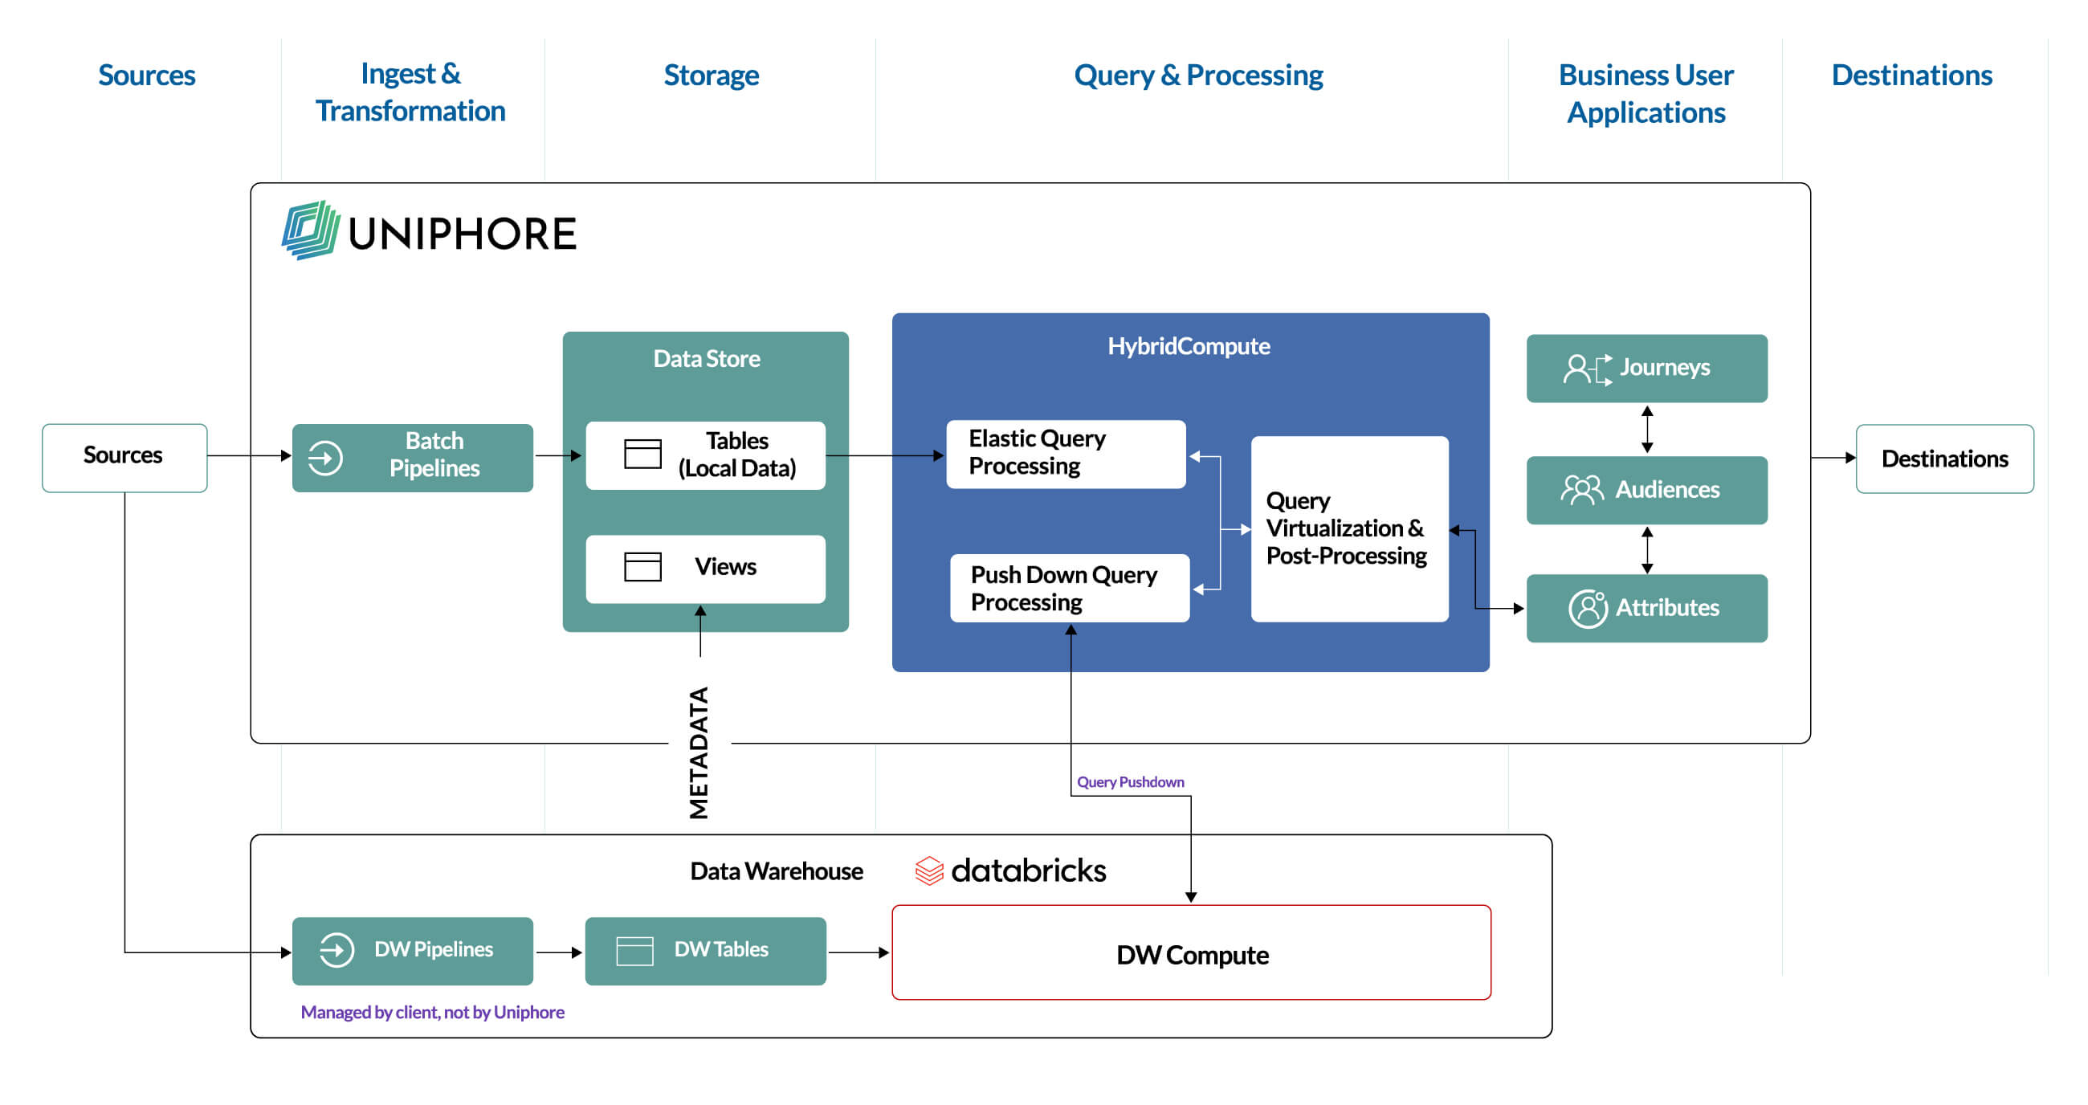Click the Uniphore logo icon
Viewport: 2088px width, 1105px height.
[310, 230]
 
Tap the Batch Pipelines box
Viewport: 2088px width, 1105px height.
[412, 457]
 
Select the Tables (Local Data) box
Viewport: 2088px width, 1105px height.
[705, 455]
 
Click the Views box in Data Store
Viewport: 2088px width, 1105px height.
[705, 569]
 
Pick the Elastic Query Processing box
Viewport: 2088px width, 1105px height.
[1065, 453]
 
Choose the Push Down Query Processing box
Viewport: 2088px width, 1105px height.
[1069, 588]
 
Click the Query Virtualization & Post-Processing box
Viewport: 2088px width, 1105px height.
[1349, 528]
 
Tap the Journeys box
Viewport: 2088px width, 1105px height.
[1646, 368]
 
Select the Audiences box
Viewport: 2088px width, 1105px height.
[1646, 490]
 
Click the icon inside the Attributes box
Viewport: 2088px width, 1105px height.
[1587, 608]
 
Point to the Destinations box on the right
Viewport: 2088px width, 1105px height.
[1943, 459]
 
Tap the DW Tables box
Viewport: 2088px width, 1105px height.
[705, 950]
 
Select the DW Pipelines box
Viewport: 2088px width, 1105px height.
[412, 950]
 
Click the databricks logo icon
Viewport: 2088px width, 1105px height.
[929, 871]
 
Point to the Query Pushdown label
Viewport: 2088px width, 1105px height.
[1130, 781]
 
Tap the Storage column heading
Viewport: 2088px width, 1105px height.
[711, 75]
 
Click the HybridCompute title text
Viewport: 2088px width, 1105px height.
[1189, 346]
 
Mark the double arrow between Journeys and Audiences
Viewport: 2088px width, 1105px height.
[1646, 429]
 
